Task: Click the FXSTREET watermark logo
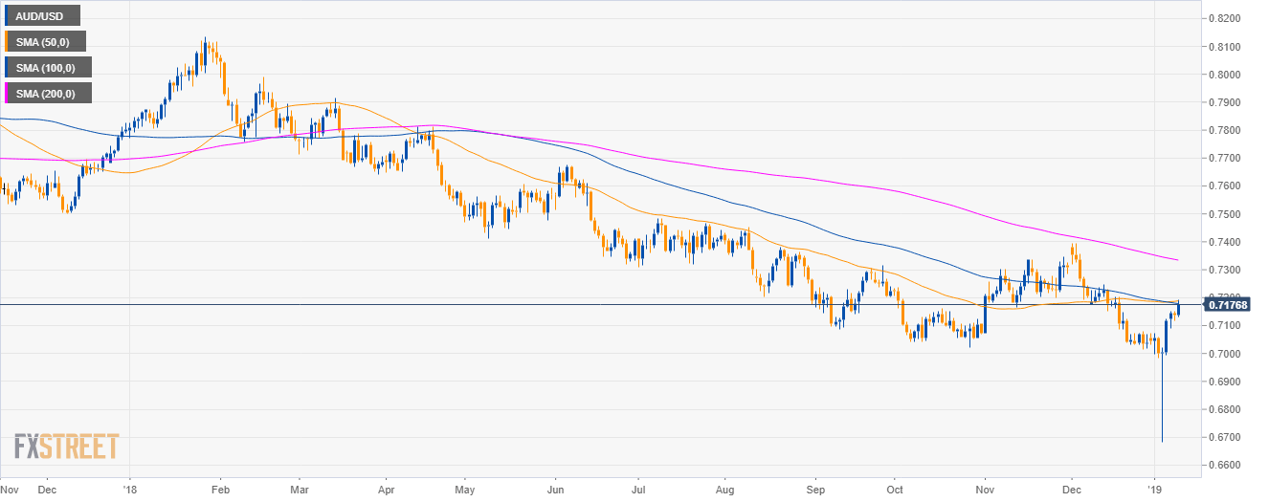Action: tap(66, 446)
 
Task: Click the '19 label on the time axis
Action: tap(1155, 488)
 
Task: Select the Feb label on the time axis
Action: tap(220, 488)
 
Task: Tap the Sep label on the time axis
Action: tap(814, 488)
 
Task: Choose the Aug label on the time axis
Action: tap(724, 488)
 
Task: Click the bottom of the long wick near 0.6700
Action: tap(1162, 442)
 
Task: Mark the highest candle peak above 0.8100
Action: tap(204, 38)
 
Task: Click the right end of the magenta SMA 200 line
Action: tap(1177, 259)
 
